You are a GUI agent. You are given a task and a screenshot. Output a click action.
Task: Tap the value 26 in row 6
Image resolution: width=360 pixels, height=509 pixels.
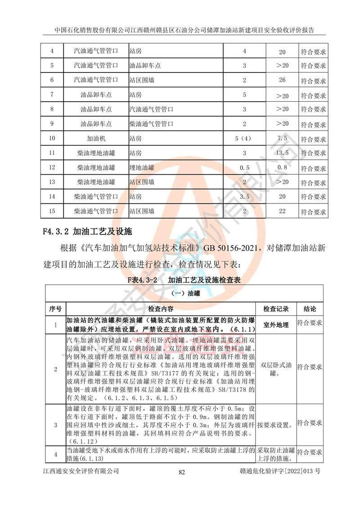[283, 81]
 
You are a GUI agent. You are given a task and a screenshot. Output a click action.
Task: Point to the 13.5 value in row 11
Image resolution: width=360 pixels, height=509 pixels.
[283, 153]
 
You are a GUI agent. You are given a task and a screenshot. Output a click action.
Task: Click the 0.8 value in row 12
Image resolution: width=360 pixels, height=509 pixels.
[283, 168]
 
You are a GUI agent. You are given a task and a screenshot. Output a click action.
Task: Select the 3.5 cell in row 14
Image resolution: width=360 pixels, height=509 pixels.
[244, 197]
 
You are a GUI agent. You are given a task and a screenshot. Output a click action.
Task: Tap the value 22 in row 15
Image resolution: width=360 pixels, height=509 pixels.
[283, 211]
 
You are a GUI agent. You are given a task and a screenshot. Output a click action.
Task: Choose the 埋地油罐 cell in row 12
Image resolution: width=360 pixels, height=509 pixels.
[142, 168]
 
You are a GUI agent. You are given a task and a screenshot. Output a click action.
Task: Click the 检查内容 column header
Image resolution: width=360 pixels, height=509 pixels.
[160, 309]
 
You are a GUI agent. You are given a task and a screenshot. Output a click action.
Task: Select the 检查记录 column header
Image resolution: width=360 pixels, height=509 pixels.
[276, 309]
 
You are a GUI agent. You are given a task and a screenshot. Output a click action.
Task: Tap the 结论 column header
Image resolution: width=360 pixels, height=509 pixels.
[310, 309]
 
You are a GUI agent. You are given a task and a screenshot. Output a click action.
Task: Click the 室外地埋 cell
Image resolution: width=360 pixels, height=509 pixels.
[276, 324]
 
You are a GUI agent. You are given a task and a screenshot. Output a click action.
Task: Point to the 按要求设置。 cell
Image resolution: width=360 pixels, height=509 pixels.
[276, 424]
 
